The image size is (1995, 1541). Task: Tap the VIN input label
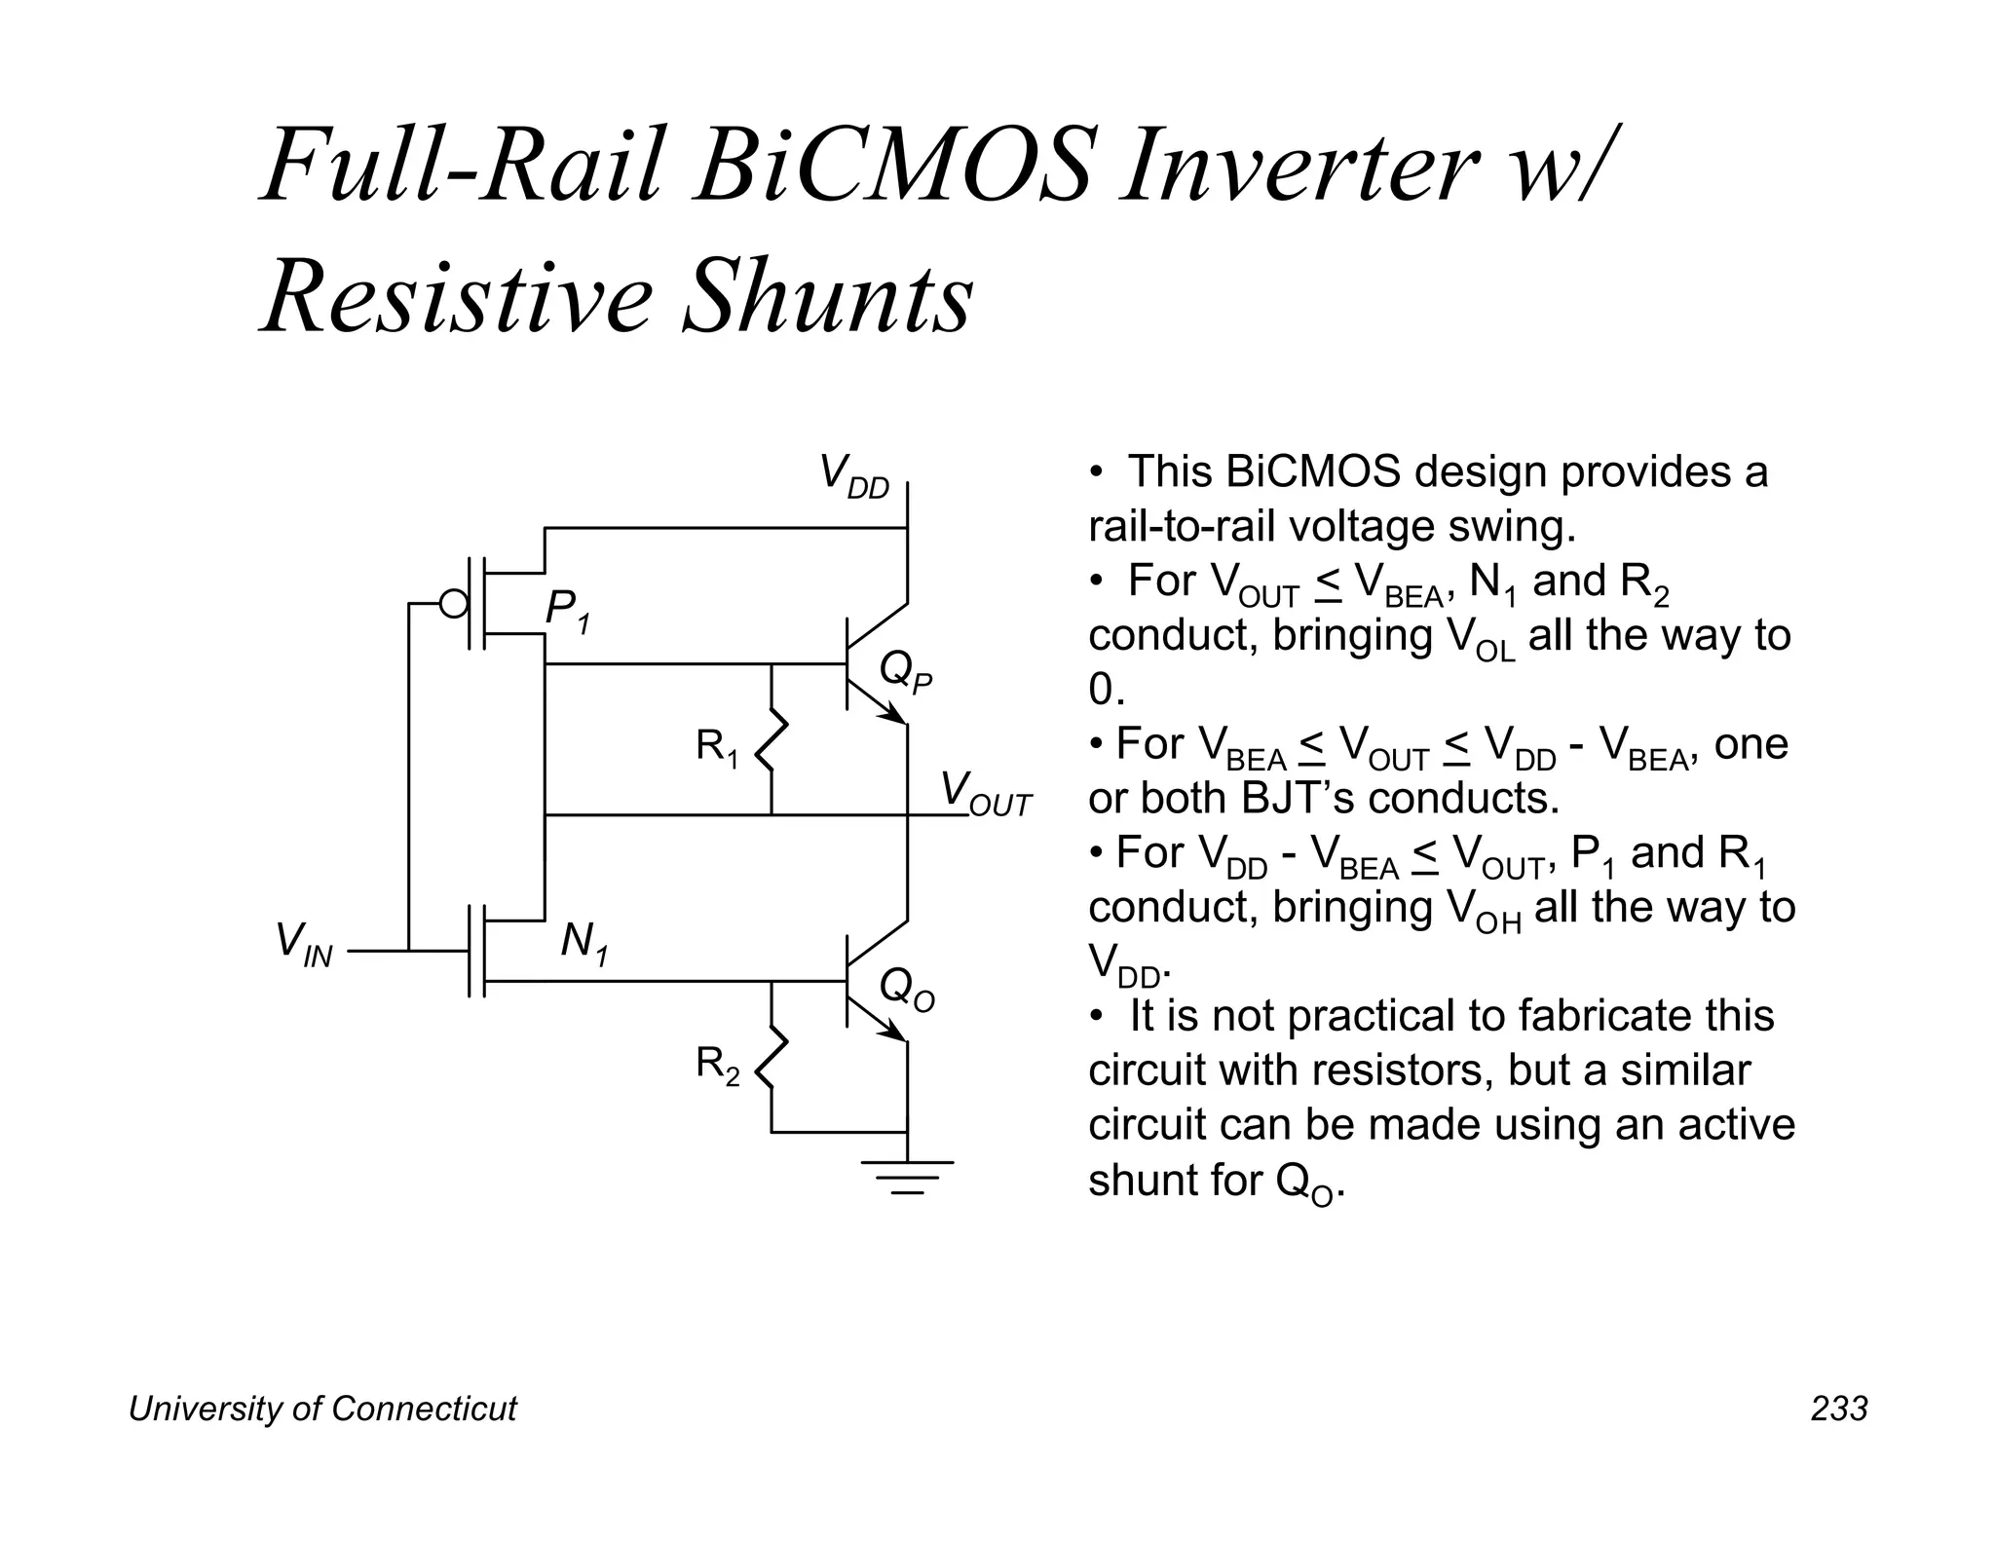click(304, 944)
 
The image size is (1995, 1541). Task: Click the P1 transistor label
click(568, 612)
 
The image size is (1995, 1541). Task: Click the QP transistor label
click(905, 672)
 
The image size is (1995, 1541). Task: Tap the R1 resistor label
click(717, 748)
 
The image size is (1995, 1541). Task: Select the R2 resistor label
click(717, 1066)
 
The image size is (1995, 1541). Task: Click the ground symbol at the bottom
click(908, 1176)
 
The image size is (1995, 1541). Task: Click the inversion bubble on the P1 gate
click(454, 604)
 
